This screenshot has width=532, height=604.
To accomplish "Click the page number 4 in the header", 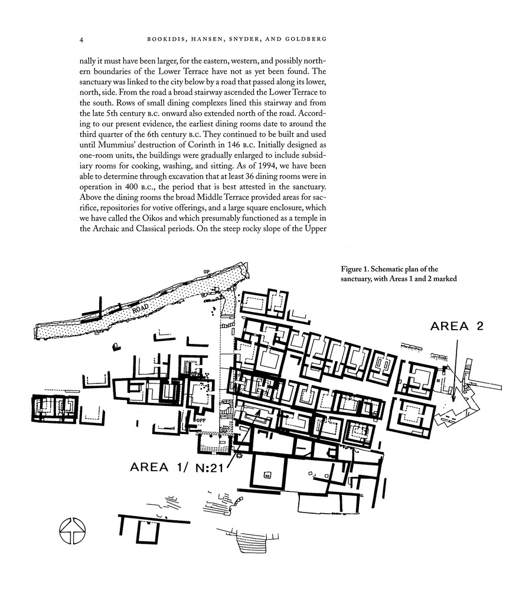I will (x=81, y=40).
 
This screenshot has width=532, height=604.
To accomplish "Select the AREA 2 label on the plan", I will (x=456, y=326).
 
